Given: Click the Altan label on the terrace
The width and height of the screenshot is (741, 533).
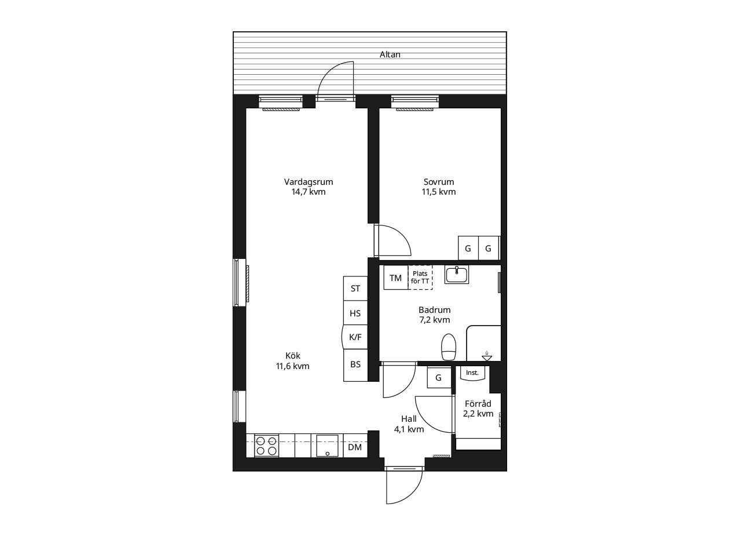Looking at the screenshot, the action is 390,54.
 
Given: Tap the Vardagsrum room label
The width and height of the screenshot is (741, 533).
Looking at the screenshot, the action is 309,182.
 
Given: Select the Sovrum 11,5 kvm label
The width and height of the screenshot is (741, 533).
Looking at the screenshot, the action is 439,187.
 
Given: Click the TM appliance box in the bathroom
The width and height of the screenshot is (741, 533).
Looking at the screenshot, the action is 395,278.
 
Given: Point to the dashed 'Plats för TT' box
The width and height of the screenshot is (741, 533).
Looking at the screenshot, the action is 420,278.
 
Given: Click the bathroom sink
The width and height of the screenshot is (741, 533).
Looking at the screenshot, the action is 457,275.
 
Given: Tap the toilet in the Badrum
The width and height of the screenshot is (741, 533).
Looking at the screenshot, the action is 449,347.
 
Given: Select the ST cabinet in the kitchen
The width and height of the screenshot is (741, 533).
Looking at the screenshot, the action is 355,289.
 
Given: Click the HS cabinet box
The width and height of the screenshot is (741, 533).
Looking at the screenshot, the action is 355,313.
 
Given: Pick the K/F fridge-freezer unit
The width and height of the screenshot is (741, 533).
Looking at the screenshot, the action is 355,337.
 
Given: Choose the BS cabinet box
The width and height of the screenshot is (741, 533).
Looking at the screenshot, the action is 355,365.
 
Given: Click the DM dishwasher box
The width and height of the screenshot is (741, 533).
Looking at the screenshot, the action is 355,447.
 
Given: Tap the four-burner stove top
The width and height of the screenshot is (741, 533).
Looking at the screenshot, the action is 267,446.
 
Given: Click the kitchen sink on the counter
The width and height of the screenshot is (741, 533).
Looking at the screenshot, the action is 327,446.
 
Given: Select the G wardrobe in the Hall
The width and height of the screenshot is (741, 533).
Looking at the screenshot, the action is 439,377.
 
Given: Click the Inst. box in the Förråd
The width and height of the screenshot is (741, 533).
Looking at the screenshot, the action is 472,373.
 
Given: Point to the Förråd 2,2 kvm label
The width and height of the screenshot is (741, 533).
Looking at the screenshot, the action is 478,408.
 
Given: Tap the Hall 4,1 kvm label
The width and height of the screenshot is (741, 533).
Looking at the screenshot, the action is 409,424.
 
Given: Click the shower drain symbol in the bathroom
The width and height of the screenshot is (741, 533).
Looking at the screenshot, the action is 487,356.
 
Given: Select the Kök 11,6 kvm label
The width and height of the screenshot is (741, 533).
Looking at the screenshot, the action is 293,361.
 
